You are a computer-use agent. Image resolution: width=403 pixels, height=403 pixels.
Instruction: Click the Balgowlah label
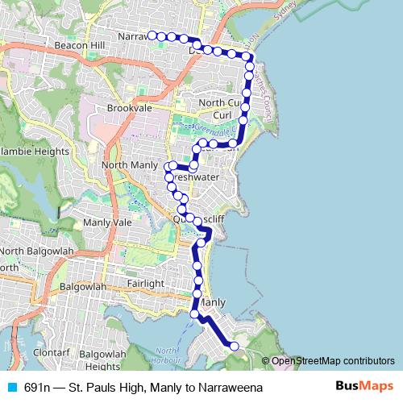(84, 286)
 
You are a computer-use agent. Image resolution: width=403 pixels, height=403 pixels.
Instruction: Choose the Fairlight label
(145, 284)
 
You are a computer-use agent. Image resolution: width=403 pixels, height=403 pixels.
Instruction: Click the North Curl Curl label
(222, 109)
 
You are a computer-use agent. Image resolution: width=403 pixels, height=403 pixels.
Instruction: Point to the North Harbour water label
(166, 355)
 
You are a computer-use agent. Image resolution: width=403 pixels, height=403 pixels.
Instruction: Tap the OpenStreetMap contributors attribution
(333, 360)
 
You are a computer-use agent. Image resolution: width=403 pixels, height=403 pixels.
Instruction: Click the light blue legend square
(11, 388)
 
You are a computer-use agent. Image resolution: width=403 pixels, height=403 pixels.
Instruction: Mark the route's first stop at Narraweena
(151, 35)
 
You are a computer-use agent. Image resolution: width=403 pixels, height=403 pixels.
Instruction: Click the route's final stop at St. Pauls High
(235, 346)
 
